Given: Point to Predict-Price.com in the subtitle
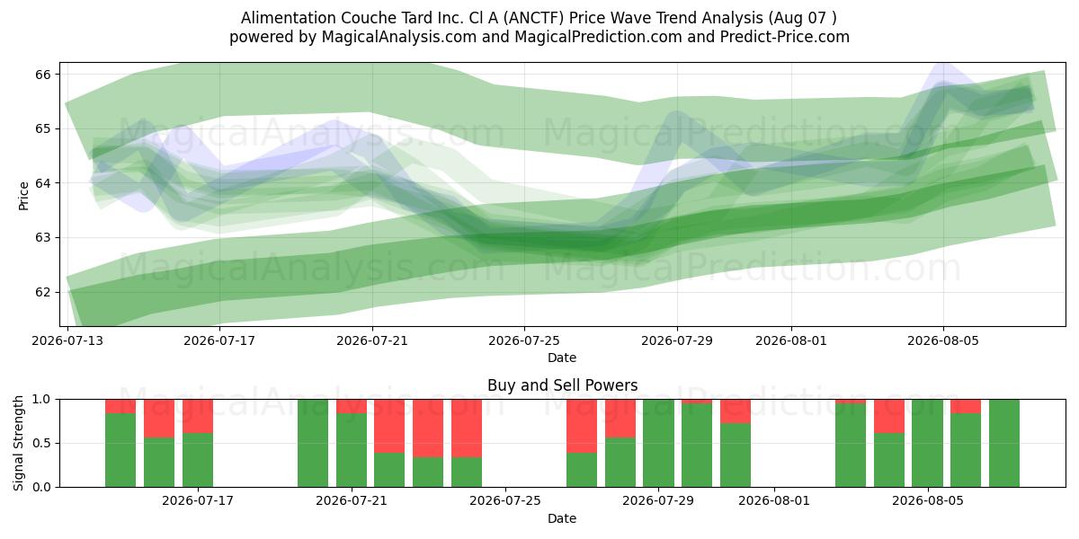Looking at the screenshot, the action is [785, 37].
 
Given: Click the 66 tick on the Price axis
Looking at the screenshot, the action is [43, 74].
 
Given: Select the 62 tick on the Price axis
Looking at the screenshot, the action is [43, 292].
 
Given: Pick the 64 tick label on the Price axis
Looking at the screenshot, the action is [43, 183].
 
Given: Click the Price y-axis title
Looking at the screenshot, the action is [23, 196].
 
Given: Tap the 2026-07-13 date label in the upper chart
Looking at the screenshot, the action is [67, 340].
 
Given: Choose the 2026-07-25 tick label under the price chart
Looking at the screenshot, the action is [524, 340].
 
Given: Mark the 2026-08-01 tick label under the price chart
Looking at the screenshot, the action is [791, 340].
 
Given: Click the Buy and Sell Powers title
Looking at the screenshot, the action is [562, 385].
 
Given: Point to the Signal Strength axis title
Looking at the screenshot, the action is [18, 443].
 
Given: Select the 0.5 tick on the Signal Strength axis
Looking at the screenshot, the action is [41, 443].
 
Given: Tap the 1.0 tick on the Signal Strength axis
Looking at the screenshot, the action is [41, 399].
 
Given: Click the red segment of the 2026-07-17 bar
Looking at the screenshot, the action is [198, 416].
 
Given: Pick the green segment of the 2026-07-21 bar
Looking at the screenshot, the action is [352, 450].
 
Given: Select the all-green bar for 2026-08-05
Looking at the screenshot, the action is [927, 443].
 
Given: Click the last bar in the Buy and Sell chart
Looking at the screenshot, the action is [1004, 443].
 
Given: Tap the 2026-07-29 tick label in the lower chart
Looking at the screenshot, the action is [658, 501].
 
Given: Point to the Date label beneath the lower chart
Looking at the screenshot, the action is [562, 518].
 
